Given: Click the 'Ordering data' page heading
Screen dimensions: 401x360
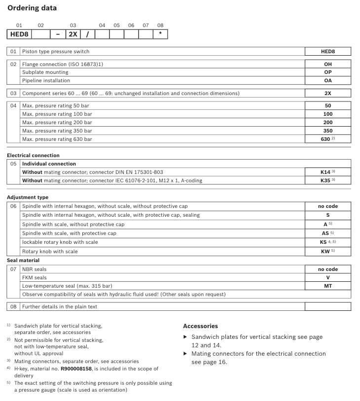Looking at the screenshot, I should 32,8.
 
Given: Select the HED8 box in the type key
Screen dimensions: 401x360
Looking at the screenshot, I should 20,34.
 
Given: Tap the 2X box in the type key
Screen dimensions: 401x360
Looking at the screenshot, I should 72,34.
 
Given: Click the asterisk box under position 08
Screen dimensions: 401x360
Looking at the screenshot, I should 160,34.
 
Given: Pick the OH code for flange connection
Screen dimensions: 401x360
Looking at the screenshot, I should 327,64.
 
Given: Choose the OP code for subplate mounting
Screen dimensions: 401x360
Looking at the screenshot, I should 327,72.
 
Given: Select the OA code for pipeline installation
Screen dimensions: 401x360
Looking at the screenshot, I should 327,81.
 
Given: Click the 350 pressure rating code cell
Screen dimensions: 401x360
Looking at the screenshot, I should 327,131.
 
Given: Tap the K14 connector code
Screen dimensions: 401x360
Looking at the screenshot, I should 326,172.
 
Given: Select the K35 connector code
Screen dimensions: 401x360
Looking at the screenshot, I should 326,180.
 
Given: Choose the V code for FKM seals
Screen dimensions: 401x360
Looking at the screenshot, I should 327,277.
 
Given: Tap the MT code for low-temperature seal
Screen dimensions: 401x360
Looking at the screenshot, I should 327,286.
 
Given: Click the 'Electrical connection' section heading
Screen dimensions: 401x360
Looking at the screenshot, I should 33,155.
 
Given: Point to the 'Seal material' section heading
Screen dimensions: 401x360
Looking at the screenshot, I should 23,260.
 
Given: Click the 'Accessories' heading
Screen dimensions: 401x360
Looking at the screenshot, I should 200,326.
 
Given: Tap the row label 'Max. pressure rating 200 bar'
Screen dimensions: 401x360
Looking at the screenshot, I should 57,123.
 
